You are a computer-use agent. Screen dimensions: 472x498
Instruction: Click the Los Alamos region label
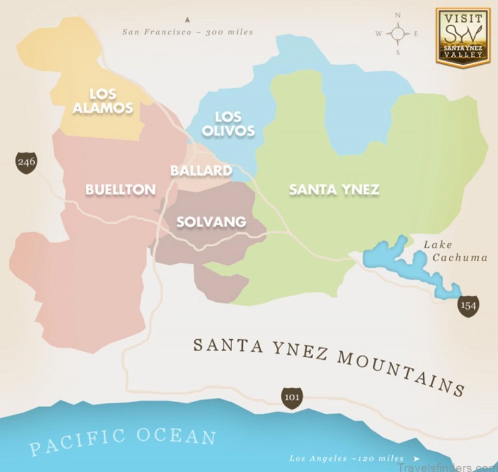(x=111, y=100)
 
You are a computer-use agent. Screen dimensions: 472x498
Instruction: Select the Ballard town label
(x=201, y=171)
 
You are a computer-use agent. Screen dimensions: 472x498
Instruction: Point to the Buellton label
(x=120, y=190)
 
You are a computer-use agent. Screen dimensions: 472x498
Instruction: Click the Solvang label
(x=211, y=222)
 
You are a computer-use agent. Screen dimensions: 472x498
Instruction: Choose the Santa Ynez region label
(x=334, y=190)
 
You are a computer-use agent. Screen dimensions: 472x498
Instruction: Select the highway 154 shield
(x=468, y=305)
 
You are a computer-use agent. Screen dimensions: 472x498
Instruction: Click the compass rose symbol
(x=398, y=34)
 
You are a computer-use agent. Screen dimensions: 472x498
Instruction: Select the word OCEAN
(x=177, y=436)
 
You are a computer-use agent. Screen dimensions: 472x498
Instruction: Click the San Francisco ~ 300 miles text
(x=187, y=32)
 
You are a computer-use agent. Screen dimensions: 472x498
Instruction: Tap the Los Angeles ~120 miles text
(x=346, y=458)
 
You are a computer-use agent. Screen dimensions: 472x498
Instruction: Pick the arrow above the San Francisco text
(x=186, y=21)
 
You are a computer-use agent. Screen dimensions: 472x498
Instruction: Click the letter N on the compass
(x=398, y=15)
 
